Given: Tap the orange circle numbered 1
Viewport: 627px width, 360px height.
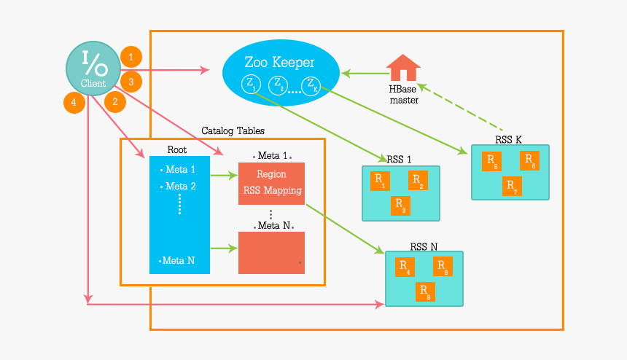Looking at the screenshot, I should pos(131,57).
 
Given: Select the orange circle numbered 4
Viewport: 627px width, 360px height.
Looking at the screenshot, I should pos(74,102).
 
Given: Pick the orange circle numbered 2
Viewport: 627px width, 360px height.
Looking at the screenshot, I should pos(114,102).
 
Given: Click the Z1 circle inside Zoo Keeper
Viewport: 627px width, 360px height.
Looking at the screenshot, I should pos(251,84).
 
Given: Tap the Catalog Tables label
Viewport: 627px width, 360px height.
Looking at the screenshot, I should pos(233,130).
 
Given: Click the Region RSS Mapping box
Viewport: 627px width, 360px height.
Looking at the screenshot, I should pos(271,184).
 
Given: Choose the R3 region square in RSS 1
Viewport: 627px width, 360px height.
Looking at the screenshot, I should pos(400,206).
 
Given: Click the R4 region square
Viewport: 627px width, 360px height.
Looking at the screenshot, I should pos(405,267).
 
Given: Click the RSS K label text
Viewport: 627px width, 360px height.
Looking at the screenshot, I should pos(507,139).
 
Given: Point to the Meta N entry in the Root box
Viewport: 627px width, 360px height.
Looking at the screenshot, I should pos(178,260).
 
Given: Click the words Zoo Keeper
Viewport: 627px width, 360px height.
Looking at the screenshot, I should pos(280,61).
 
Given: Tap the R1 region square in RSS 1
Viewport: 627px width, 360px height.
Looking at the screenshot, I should pos(380,181).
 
